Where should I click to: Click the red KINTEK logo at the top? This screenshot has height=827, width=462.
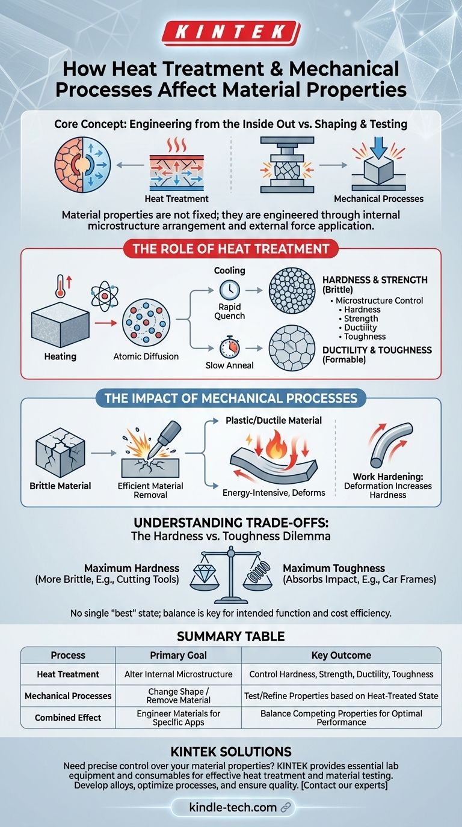tap(230, 32)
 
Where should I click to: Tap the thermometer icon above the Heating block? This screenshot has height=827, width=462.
tap(60, 286)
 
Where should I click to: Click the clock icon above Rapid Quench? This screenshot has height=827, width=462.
tap(230, 290)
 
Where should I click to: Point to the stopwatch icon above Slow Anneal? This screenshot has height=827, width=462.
tap(230, 347)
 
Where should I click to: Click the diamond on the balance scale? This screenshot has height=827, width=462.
tap(205, 573)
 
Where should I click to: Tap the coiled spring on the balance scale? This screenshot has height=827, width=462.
tap(258, 572)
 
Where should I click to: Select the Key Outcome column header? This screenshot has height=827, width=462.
tap(341, 655)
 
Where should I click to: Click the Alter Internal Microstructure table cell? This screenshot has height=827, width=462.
tap(179, 674)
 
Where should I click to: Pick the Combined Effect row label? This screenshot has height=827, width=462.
tap(68, 718)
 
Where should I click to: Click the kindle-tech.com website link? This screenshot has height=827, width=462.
tap(233, 807)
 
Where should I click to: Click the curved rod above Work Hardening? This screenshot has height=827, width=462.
tap(392, 444)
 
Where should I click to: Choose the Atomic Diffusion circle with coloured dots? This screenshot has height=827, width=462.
tap(146, 323)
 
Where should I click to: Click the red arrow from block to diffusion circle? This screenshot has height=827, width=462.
tap(106, 323)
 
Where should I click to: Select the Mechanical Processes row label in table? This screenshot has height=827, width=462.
tap(68, 695)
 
